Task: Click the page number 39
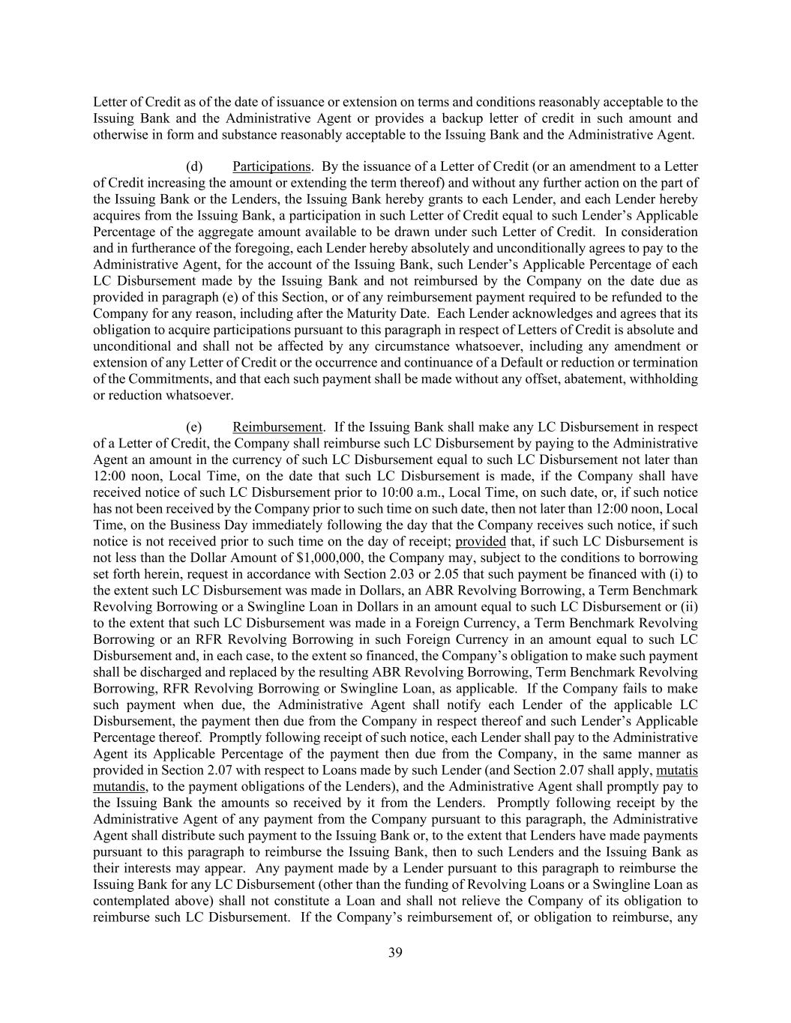tap(395, 953)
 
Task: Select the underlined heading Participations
tap(271, 166)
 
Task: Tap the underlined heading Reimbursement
tap(277, 427)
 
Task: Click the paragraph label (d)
tap(193, 166)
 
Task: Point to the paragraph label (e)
tap(193, 427)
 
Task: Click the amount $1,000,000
tap(326, 558)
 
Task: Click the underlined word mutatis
tap(677, 770)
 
